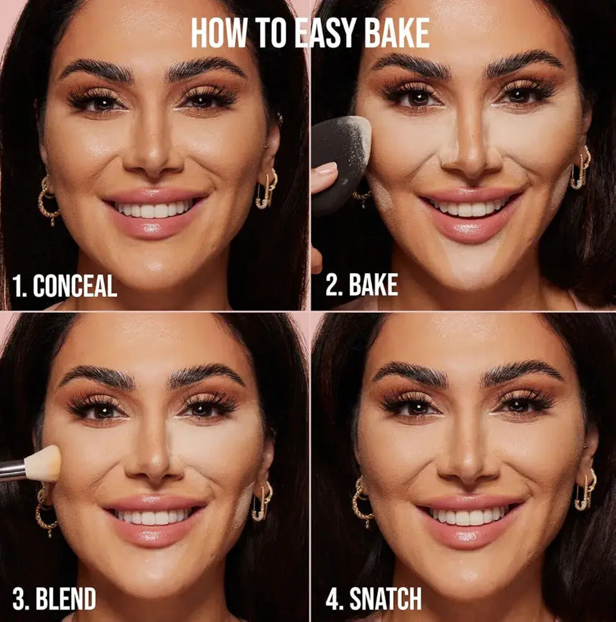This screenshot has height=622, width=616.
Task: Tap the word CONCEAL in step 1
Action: [x=75, y=285]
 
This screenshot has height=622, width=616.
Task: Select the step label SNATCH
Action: [x=385, y=598]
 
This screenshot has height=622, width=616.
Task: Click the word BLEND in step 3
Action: [x=66, y=598]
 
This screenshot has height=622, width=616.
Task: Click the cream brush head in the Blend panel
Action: [x=44, y=463]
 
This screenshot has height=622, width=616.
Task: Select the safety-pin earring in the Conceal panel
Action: [x=267, y=188]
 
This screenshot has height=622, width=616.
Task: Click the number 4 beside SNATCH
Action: [x=333, y=598]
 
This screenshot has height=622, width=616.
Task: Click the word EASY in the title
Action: [x=327, y=34]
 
